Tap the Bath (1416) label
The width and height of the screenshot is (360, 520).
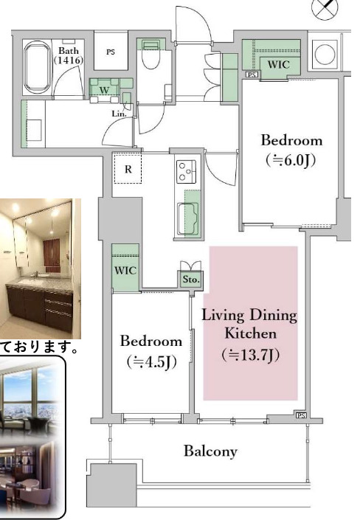point(72,55)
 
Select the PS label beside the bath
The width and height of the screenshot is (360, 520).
point(111,52)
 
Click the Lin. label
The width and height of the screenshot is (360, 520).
point(119,114)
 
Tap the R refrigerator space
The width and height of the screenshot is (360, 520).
point(128,169)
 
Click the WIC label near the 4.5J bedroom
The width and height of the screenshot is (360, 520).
point(125,270)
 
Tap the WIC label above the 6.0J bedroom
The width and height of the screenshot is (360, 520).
point(277,65)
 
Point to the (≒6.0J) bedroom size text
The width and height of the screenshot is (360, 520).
point(292,159)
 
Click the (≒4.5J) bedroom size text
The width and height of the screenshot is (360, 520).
point(151,362)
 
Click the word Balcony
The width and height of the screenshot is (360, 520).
point(211,451)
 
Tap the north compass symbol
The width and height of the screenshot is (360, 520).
point(324,10)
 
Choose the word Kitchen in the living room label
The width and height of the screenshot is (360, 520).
point(249,333)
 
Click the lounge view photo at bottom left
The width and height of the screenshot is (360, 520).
point(33,435)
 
